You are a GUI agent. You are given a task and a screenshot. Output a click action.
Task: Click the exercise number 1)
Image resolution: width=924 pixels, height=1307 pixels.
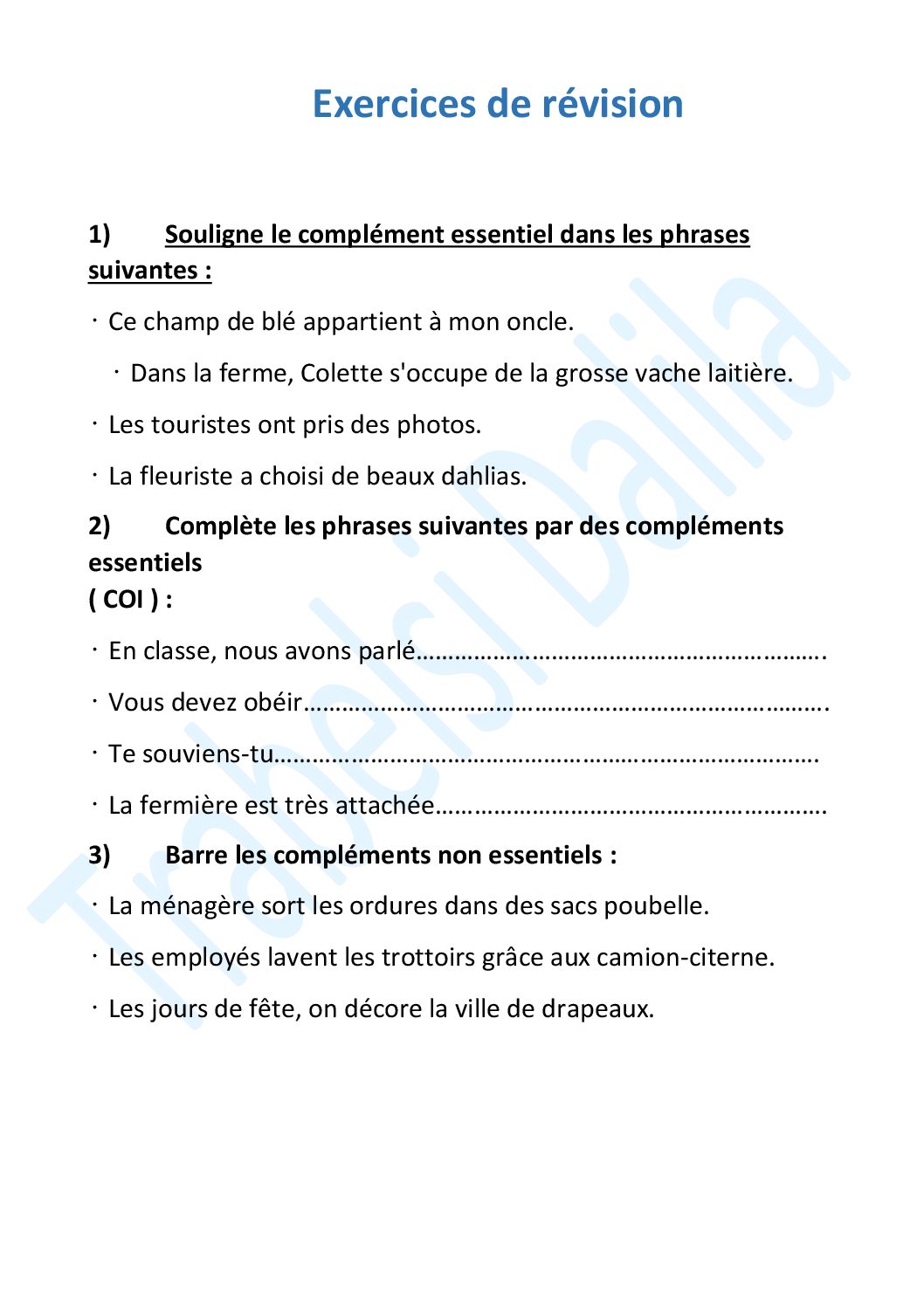click(100, 235)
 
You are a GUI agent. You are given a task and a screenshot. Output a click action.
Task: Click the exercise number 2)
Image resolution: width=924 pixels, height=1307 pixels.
click(100, 526)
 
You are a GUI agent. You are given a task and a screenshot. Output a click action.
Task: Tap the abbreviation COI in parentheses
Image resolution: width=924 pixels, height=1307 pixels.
click(123, 600)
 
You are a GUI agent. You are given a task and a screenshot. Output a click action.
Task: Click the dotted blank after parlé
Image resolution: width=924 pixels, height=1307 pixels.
click(620, 653)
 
